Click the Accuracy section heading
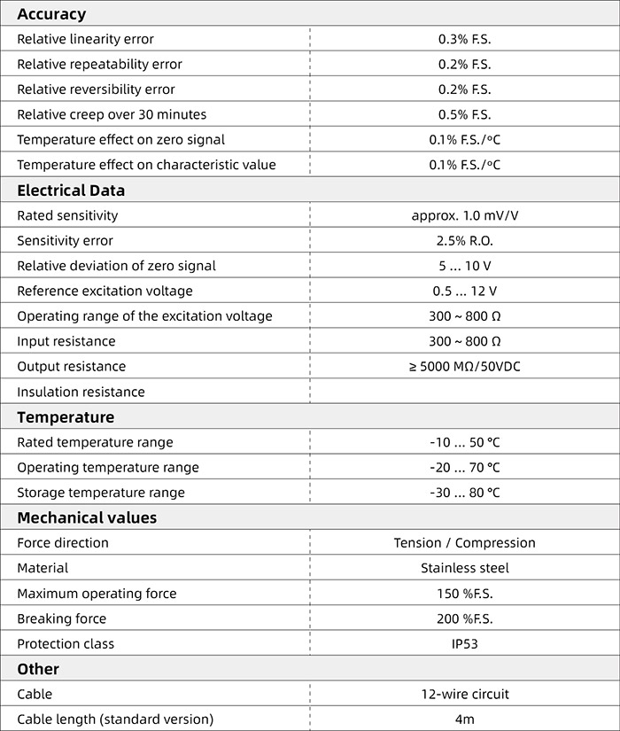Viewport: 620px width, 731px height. click(x=51, y=14)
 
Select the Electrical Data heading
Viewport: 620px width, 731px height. click(x=71, y=191)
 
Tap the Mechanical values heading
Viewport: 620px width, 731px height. click(x=87, y=517)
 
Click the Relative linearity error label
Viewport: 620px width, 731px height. click(x=85, y=39)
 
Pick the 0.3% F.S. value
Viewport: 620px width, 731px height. click(x=464, y=39)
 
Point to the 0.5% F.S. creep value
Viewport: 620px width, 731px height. click(x=464, y=114)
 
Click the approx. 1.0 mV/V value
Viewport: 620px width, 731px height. click(x=464, y=215)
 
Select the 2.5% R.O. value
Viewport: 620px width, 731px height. click(x=464, y=241)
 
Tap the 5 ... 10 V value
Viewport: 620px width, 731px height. click(x=464, y=266)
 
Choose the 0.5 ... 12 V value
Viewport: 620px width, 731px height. click(x=464, y=291)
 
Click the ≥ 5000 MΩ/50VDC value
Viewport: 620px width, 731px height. click(x=464, y=366)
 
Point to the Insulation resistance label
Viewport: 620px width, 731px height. click(x=81, y=392)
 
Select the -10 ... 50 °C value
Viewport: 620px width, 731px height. click(x=464, y=442)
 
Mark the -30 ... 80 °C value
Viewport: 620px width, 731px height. click(x=464, y=493)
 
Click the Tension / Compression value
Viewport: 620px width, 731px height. click(x=464, y=542)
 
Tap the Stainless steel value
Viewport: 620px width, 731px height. click(x=464, y=568)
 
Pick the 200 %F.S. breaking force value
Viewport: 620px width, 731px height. click(x=464, y=618)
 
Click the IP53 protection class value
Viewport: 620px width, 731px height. click(x=464, y=644)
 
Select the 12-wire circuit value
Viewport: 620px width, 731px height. click(x=464, y=695)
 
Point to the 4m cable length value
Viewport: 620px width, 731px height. click(x=464, y=719)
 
